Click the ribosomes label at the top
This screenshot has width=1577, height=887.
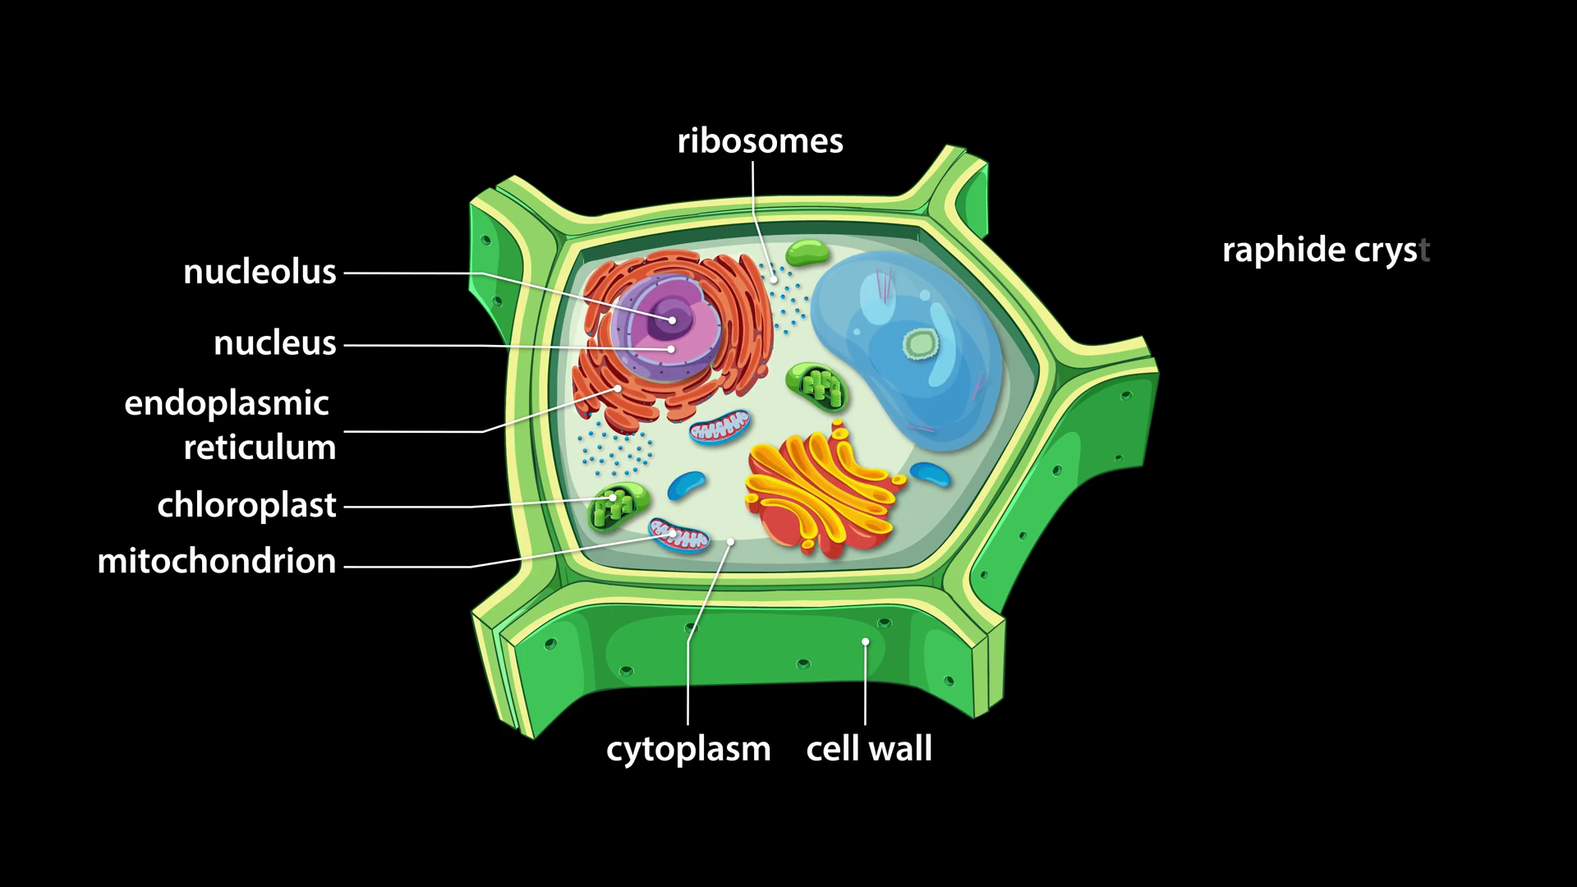pos(760,141)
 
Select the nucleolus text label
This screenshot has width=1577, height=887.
pos(260,272)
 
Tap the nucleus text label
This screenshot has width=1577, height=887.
pos(274,343)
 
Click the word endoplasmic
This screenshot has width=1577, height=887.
pos(227,403)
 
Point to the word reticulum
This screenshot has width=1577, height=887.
pos(260,448)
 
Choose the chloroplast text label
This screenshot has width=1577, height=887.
pos(246,505)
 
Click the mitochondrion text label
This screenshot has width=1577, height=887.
pos(217,561)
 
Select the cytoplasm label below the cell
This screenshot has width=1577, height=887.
pos(688,748)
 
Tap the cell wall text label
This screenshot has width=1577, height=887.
pos(869,748)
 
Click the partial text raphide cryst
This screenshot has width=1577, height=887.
pos(1326,250)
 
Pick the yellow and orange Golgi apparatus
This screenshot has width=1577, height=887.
pos(825,491)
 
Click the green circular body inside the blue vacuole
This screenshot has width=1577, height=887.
pos(919,343)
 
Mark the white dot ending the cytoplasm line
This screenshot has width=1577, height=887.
pos(731,542)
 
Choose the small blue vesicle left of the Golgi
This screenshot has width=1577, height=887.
pos(686,485)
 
